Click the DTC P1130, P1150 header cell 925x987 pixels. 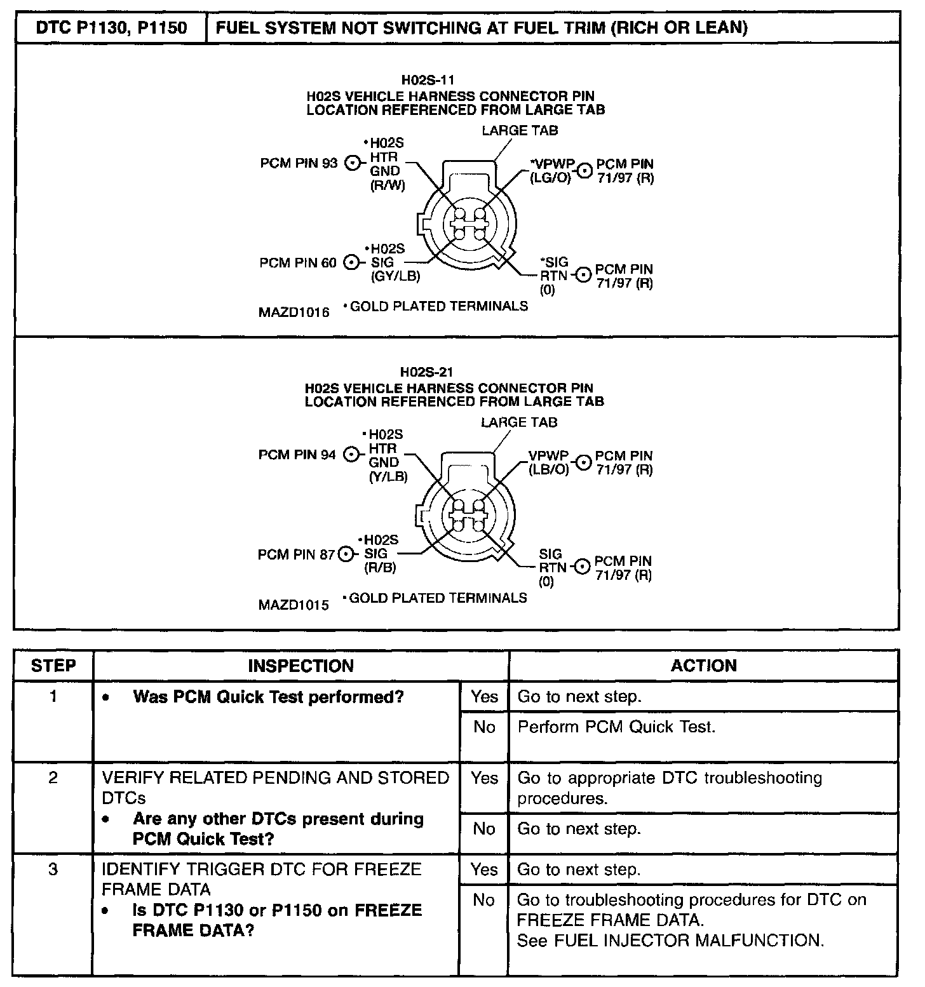click(x=111, y=28)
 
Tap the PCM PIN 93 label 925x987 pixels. click(x=299, y=163)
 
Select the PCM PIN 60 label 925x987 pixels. click(x=298, y=262)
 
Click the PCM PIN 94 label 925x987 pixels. click(x=297, y=455)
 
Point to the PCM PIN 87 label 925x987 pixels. click(x=296, y=554)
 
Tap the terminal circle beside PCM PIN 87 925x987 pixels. click(x=346, y=554)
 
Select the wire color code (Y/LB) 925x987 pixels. click(x=388, y=476)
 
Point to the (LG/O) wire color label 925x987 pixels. click(x=550, y=178)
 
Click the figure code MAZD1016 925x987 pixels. click(x=294, y=312)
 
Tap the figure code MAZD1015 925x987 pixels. click(x=294, y=605)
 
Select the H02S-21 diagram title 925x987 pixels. click(x=426, y=372)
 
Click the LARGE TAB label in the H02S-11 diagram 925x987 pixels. click(x=520, y=130)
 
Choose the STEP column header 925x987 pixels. click(x=53, y=666)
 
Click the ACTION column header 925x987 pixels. click(x=703, y=666)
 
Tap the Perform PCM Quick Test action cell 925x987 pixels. click(x=616, y=727)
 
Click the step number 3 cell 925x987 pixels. click(x=53, y=869)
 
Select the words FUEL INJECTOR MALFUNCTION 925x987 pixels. click(x=689, y=941)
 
